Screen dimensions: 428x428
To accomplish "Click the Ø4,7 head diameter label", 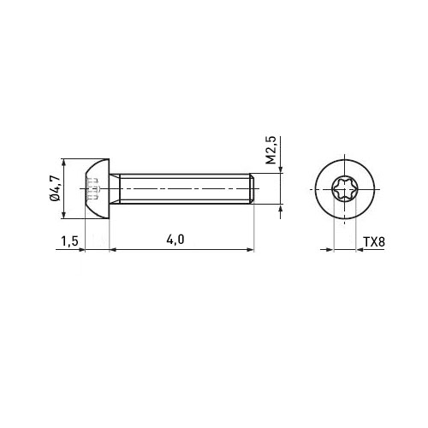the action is click(55, 188).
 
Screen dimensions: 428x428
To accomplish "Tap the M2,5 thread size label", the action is click(271, 151).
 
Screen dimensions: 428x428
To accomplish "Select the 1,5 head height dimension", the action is click(69, 241).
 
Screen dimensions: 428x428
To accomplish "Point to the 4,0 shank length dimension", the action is click(175, 240).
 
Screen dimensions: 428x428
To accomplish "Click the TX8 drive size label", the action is click(374, 242).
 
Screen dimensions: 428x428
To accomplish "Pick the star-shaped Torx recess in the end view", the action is click(345, 189).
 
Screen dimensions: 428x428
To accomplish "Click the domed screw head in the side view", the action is click(98, 188).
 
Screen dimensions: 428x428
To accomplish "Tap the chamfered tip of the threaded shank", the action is click(252, 188).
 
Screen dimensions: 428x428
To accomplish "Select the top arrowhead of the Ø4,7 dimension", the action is click(63, 163).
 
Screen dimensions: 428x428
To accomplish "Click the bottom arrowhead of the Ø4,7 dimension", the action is click(63, 215).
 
